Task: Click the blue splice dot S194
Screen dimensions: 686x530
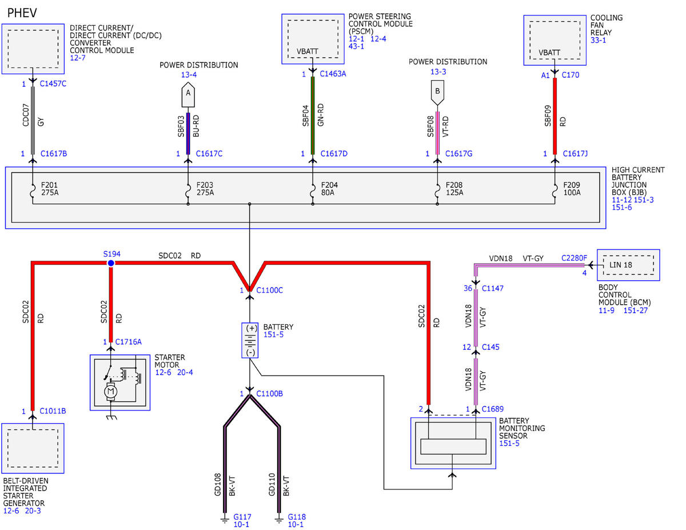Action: [111, 263]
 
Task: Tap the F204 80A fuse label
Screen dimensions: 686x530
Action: [329, 189]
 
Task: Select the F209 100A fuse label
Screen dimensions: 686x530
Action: [572, 189]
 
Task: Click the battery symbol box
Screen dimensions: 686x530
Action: [250, 340]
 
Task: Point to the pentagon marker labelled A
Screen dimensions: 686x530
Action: [188, 94]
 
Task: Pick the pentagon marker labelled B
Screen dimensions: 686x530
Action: [437, 93]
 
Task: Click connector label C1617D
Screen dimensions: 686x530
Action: [334, 153]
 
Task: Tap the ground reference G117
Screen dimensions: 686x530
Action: [242, 516]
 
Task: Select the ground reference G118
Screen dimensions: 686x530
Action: [297, 516]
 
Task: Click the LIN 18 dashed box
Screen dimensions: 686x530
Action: [628, 265]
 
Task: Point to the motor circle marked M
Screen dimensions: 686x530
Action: [110, 392]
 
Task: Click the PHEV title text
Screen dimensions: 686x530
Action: [22, 13]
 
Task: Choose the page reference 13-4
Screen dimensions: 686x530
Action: [189, 74]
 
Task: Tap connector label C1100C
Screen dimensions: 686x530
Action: [269, 290]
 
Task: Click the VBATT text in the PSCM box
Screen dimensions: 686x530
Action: [307, 51]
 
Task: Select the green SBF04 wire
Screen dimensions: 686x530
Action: [313, 115]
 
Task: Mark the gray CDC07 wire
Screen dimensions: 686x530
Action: [33, 121]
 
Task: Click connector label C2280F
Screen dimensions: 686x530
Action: [574, 258]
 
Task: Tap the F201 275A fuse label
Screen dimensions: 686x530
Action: [50, 189]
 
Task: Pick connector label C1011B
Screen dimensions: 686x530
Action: [53, 411]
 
